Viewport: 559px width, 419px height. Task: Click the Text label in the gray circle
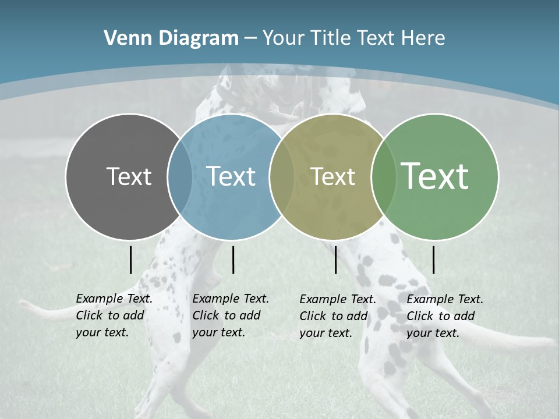[x=129, y=176]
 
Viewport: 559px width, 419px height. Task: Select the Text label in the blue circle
[x=231, y=176]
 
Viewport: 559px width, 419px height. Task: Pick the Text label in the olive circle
[x=332, y=176]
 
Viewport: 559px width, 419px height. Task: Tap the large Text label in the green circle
[x=435, y=176]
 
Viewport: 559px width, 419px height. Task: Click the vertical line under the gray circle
[x=130, y=260]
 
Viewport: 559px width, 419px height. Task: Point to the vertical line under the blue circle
[x=233, y=260]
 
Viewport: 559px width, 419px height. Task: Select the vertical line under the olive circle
[x=335, y=260]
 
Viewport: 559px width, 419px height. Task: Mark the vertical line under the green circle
[x=433, y=260]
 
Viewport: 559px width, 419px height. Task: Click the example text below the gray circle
[x=114, y=315]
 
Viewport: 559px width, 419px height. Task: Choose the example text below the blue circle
[x=231, y=315]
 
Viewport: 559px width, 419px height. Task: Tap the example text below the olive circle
[x=338, y=316]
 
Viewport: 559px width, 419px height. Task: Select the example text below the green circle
[x=445, y=316]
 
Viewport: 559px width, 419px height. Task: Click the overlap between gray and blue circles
[x=180, y=176]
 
